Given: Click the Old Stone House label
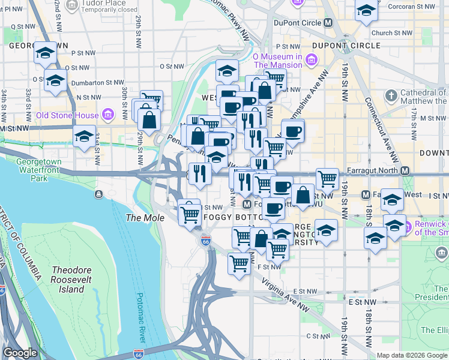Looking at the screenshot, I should click(x=66, y=115).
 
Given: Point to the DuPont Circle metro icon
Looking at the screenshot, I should click(x=328, y=22).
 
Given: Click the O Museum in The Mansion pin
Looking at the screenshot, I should click(x=312, y=59).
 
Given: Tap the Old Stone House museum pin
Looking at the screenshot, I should click(x=108, y=114).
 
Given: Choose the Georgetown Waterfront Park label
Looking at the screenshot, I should click(x=40, y=169).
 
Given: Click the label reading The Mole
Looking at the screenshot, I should click(x=145, y=218).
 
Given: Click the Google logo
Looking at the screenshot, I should click(x=19, y=353).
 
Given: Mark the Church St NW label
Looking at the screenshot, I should click(x=391, y=34).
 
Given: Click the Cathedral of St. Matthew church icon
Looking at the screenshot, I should click(x=391, y=96).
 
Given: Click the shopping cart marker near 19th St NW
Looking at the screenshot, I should click(x=327, y=178).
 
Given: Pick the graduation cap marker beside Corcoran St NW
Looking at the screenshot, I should click(x=366, y=11).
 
